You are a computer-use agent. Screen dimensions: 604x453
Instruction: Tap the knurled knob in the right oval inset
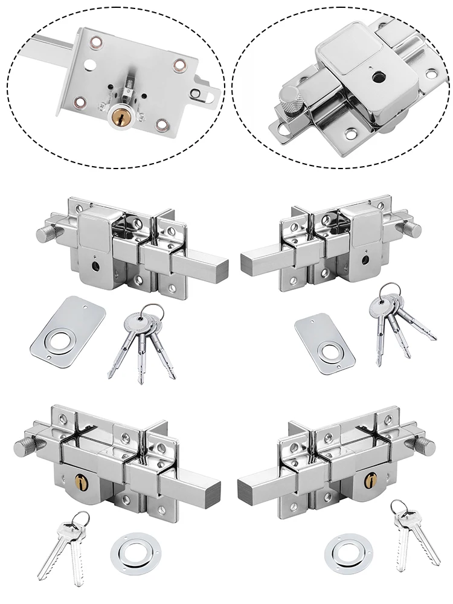click(291, 97)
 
